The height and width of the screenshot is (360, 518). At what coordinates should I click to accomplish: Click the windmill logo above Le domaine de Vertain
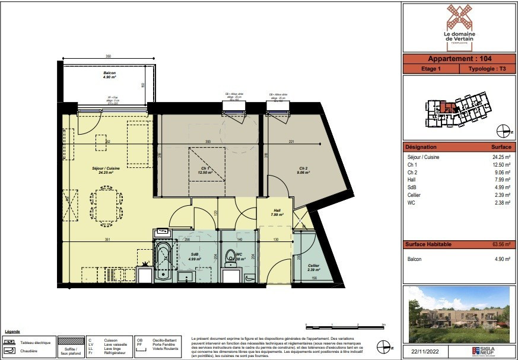pyautogui.click(x=459, y=17)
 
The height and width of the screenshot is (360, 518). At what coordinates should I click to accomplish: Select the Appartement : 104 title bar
pyautogui.click(x=459, y=59)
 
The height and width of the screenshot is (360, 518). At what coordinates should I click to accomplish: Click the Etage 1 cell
pyautogui.click(x=431, y=69)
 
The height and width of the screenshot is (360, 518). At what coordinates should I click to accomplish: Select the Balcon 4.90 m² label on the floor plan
pyautogui.click(x=109, y=75)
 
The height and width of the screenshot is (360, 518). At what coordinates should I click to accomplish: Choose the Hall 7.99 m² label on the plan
pyautogui.click(x=277, y=212)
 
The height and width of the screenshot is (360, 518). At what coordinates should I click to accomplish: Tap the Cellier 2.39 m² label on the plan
pyautogui.click(x=313, y=267)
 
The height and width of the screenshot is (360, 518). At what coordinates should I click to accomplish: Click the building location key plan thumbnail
pyautogui.click(x=458, y=109)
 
